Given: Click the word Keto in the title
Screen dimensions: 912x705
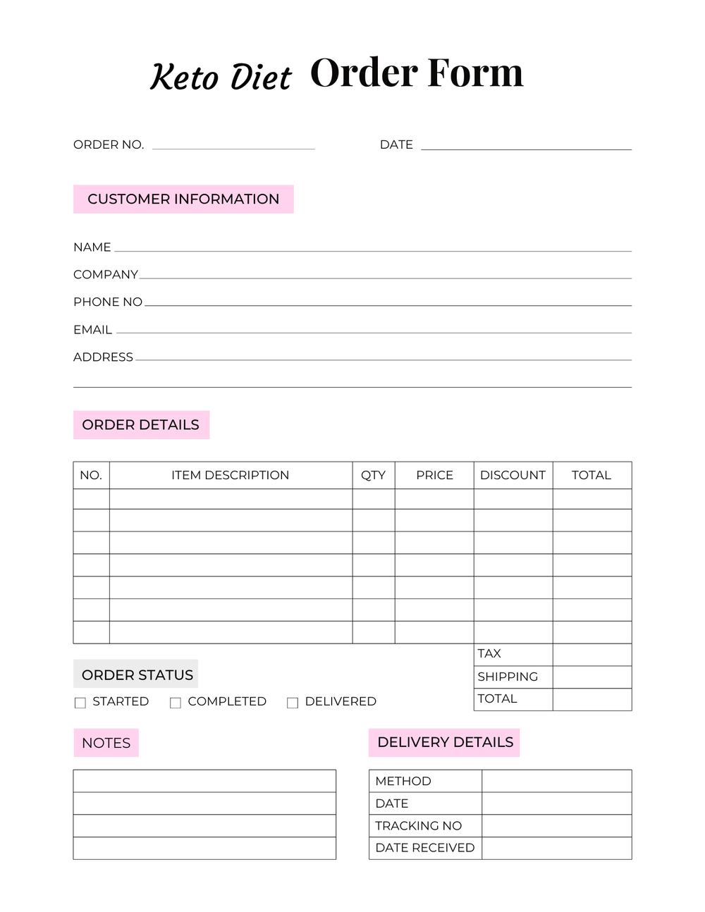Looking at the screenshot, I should pyautogui.click(x=184, y=77).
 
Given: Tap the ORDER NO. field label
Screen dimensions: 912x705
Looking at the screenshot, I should pyautogui.click(x=109, y=144).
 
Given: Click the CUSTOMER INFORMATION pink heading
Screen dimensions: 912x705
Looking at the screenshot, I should pyautogui.click(x=183, y=199).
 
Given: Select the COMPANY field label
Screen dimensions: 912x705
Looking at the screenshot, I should pyautogui.click(x=106, y=274).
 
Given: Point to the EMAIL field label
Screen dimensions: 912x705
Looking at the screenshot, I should pyautogui.click(x=92, y=330).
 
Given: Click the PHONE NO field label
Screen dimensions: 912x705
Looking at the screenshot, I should pyautogui.click(x=108, y=302).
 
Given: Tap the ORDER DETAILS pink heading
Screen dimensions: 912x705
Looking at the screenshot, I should pyautogui.click(x=141, y=425).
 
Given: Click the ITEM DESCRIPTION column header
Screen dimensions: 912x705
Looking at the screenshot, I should pyautogui.click(x=230, y=475).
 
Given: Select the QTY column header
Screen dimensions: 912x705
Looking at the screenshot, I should pyautogui.click(x=373, y=475).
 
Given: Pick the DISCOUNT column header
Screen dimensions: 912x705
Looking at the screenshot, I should pyautogui.click(x=513, y=475).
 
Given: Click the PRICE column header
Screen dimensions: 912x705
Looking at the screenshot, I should pyautogui.click(x=434, y=475).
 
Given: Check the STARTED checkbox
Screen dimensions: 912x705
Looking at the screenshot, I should pyautogui.click(x=80, y=703).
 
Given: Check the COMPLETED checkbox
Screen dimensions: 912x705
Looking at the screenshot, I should pyautogui.click(x=176, y=703).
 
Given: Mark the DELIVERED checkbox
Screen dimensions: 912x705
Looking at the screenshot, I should pyautogui.click(x=293, y=703).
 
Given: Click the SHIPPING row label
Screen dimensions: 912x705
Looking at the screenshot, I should pyautogui.click(x=508, y=677).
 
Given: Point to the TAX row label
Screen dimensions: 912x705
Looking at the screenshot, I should pyautogui.click(x=489, y=653).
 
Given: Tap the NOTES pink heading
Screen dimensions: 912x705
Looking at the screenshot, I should pyautogui.click(x=106, y=743).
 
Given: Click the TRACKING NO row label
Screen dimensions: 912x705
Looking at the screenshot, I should pyautogui.click(x=418, y=825).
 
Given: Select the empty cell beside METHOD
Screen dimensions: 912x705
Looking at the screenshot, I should pyautogui.click(x=556, y=781).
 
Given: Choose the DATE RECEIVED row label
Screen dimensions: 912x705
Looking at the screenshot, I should pyautogui.click(x=424, y=848).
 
